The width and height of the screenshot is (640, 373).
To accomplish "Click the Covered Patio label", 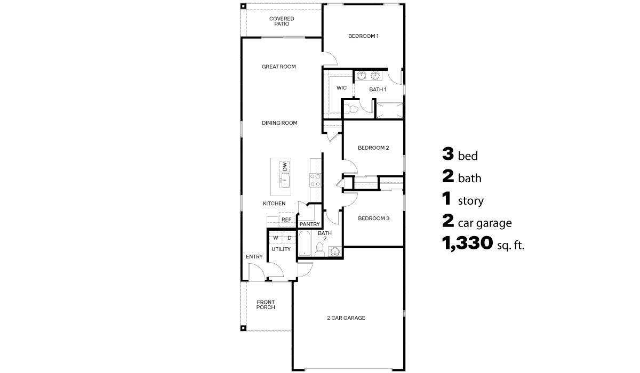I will pyautogui.click(x=281, y=22).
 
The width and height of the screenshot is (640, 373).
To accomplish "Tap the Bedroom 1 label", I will pyautogui.click(x=363, y=36).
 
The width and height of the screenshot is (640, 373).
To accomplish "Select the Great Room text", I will pyautogui.click(x=278, y=67).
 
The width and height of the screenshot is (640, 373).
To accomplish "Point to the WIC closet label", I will pyautogui.click(x=342, y=88).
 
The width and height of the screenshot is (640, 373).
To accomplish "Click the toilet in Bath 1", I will pyautogui.click(x=348, y=109).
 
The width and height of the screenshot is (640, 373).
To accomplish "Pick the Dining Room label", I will pyautogui.click(x=279, y=123).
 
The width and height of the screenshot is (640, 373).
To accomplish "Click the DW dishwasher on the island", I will pyautogui.click(x=284, y=166).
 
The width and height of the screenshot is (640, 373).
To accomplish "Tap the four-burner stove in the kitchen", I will pyautogui.click(x=315, y=180).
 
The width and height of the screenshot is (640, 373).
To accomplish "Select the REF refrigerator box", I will pyautogui.click(x=286, y=220).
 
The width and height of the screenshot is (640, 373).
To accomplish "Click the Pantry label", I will pyautogui.click(x=309, y=224).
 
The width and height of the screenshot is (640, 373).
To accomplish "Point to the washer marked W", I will pyautogui.click(x=275, y=238).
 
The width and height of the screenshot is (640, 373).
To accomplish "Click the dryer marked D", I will pyautogui.click(x=289, y=238).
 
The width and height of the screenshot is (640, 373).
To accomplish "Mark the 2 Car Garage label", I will pyautogui.click(x=346, y=318).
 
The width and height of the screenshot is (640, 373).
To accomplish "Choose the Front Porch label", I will pyautogui.click(x=265, y=305).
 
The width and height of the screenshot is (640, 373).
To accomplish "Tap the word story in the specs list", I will pyautogui.click(x=470, y=201).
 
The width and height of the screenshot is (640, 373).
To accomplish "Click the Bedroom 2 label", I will pyautogui.click(x=373, y=148).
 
